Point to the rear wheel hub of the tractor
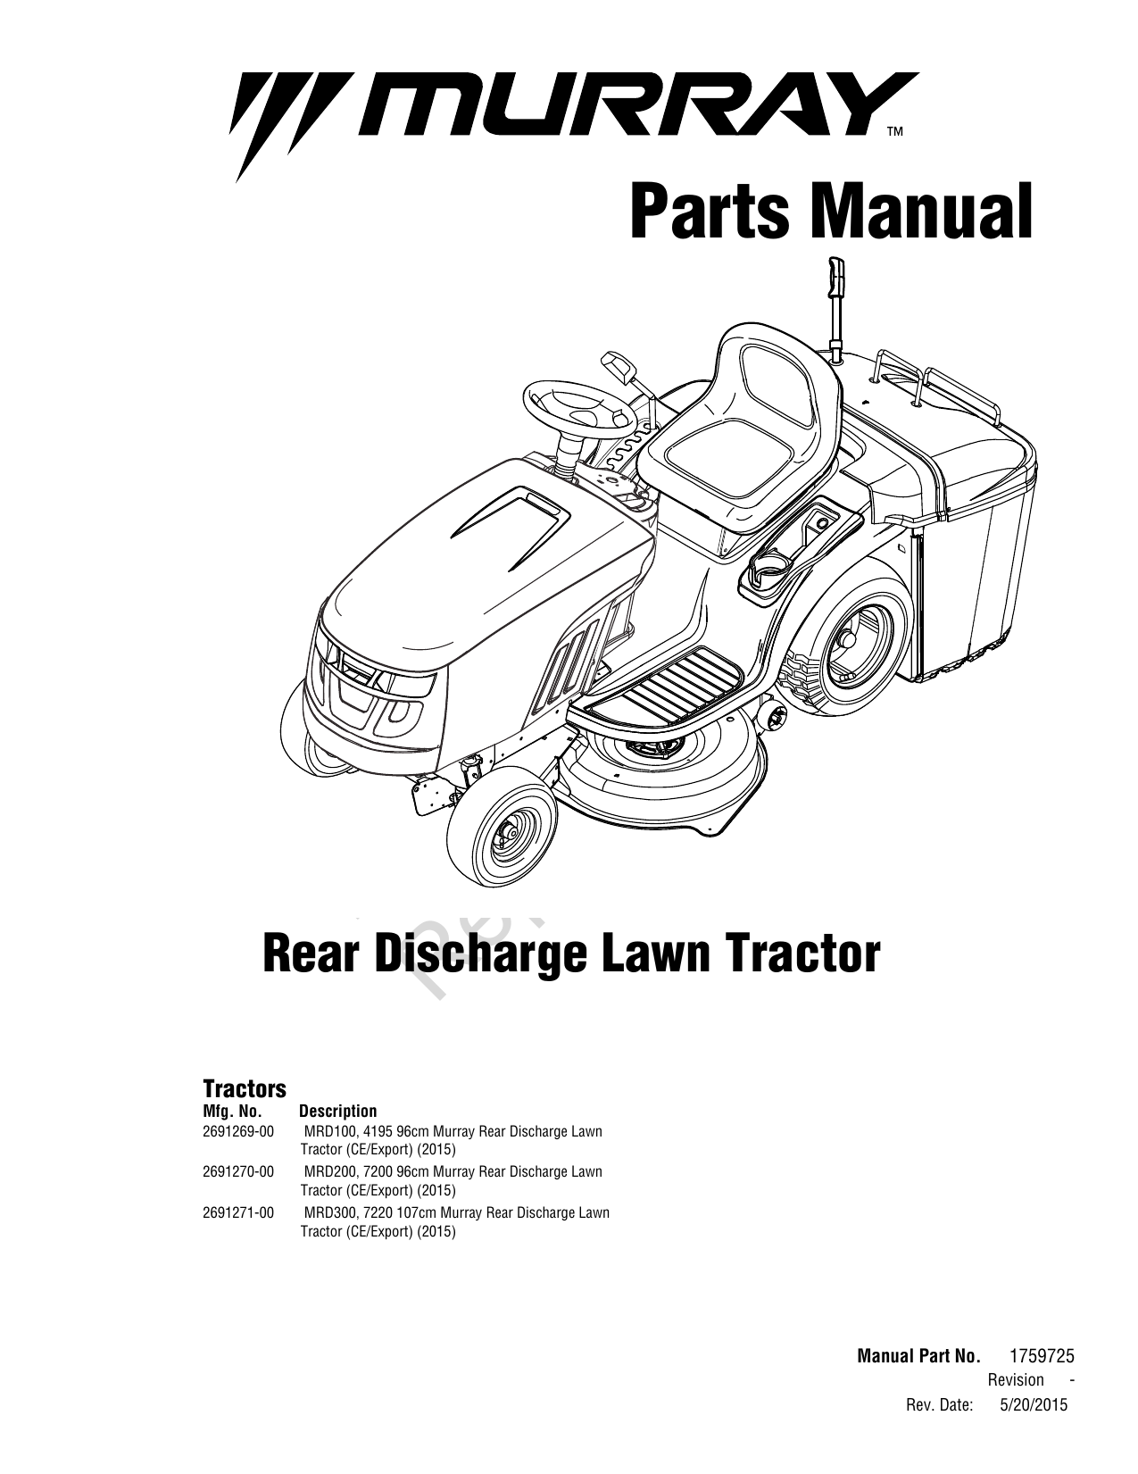tap(846, 639)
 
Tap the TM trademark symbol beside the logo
tap(895, 131)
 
